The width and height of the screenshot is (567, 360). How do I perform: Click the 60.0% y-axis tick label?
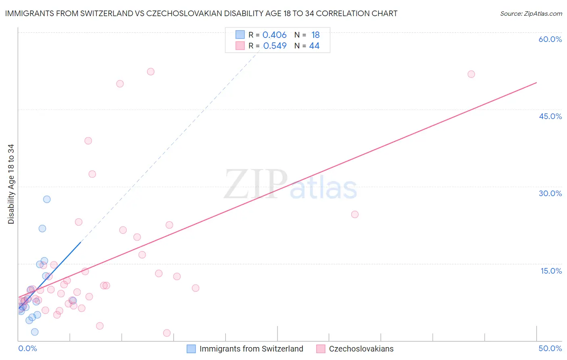tap(550, 39)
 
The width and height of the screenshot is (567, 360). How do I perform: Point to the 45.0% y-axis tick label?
tap(550, 116)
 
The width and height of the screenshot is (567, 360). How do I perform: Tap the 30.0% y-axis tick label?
tap(550, 193)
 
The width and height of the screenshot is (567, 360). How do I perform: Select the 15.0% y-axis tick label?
tap(551, 271)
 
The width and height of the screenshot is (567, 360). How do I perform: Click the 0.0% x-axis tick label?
tap(27, 348)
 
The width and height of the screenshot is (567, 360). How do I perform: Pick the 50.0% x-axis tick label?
tap(550, 348)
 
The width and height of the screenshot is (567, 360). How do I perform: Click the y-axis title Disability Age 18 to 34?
tap(11, 184)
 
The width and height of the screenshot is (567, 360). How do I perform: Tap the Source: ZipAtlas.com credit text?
tap(531, 14)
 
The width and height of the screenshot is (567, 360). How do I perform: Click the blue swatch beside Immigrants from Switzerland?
tap(191, 349)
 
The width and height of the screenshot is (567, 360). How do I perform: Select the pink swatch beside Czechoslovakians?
tap(321, 349)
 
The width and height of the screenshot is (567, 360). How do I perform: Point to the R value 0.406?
tap(274, 35)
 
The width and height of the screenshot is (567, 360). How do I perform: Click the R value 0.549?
tap(275, 46)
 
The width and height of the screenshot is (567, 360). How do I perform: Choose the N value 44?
tap(314, 46)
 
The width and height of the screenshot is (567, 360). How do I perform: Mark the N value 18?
tap(315, 35)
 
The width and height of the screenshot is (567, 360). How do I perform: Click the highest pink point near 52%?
tap(150, 71)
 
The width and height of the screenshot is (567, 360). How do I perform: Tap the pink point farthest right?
tap(471, 74)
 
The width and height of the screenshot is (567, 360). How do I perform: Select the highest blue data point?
tap(47, 199)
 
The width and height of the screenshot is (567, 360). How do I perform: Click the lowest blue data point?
tap(35, 332)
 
